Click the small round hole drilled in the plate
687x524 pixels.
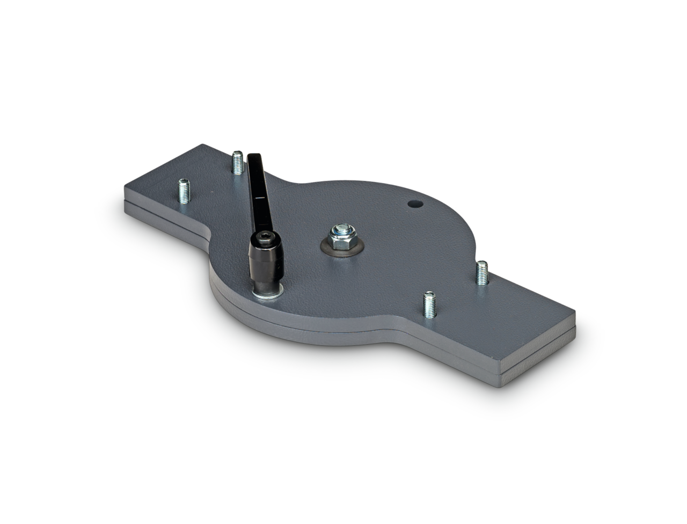[414, 205]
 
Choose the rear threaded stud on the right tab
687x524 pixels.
[482, 273]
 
